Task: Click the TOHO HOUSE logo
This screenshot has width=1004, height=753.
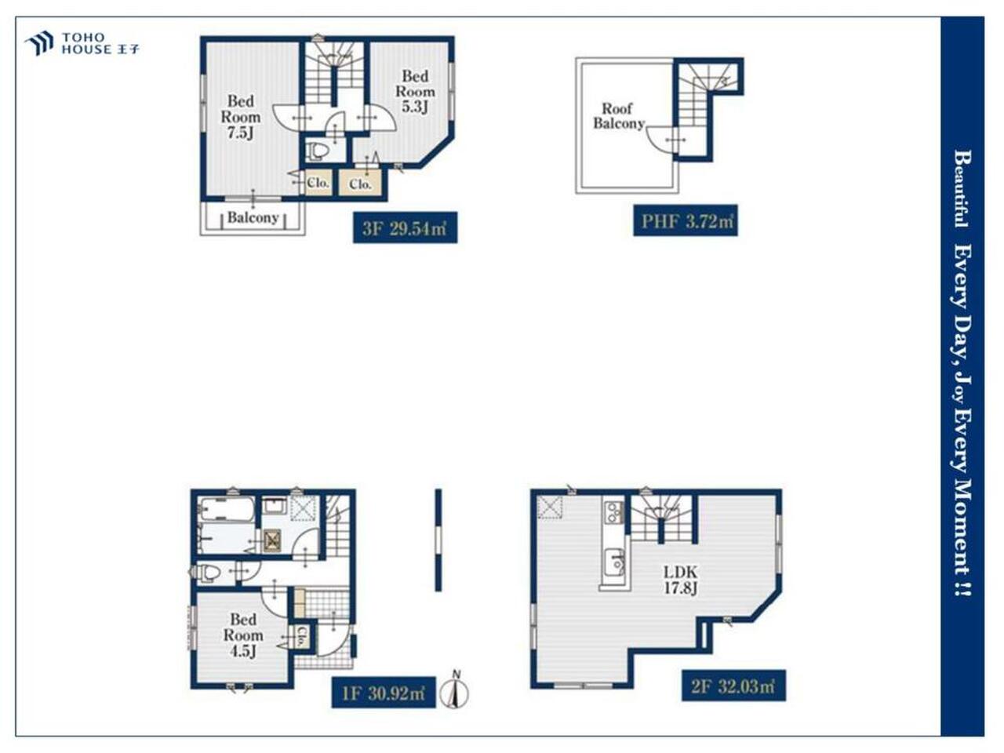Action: click(x=82, y=43)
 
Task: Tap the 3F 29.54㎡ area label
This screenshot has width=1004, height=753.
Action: click(x=405, y=227)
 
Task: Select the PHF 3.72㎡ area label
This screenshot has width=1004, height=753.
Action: click(x=686, y=220)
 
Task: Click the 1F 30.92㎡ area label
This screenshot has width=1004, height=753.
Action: click(x=384, y=692)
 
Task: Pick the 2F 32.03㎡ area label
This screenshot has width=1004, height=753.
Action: click(x=733, y=686)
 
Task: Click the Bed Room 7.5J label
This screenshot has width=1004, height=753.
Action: click(x=241, y=117)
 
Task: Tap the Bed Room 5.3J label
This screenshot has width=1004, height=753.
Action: click(x=415, y=91)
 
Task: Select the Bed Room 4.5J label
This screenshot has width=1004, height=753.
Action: click(x=243, y=635)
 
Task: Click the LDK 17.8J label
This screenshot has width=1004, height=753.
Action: click(x=681, y=580)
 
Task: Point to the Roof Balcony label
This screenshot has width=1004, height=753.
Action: click(x=618, y=115)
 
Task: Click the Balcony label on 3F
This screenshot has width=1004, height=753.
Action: click(x=253, y=217)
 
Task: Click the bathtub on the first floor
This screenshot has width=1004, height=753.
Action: click(x=227, y=509)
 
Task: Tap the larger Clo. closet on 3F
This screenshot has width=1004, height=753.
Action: click(x=360, y=184)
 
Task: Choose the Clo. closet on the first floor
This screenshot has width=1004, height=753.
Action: click(x=302, y=636)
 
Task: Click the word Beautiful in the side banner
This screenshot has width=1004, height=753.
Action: click(x=962, y=189)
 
